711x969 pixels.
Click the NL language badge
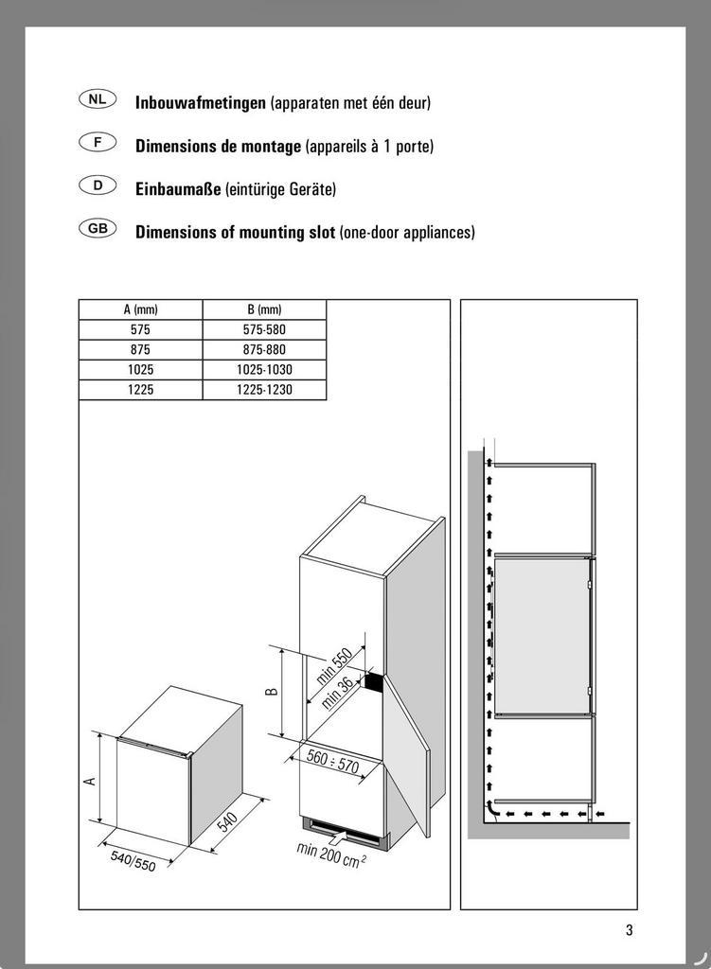coord(98,99)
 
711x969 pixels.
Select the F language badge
coord(98,143)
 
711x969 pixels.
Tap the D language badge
coord(98,185)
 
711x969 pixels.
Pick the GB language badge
coord(98,229)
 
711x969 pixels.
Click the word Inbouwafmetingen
coord(200,102)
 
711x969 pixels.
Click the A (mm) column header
coord(140,309)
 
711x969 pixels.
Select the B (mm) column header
coord(264,309)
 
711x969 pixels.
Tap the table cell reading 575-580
coord(264,330)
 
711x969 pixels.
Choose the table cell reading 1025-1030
coord(264,370)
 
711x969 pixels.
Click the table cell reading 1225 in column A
coord(140,390)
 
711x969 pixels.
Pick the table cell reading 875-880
coord(264,350)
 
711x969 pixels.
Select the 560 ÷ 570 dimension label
coord(331,761)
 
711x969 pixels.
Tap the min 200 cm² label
coord(331,853)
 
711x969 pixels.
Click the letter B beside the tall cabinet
coord(272,692)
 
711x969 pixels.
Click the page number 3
coord(629,929)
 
